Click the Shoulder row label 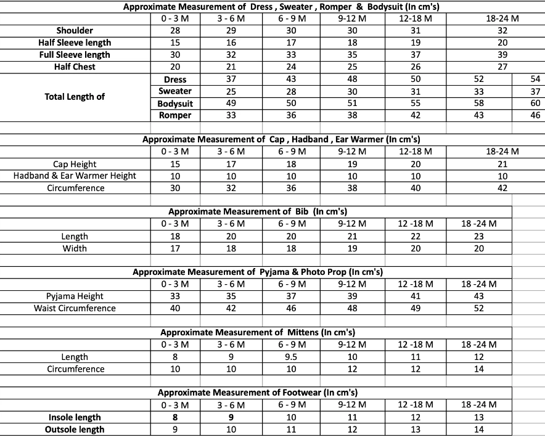pyautogui.click(x=75, y=30)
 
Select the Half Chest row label pyautogui.click(x=75, y=67)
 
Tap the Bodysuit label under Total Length pyautogui.click(x=175, y=104)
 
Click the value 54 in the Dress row pyautogui.click(x=534, y=79)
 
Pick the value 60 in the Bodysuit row pyautogui.click(x=534, y=103)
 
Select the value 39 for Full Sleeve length pyautogui.click(x=502, y=54)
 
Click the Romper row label pyautogui.click(x=175, y=115)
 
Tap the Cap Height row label pyautogui.click(x=75, y=164)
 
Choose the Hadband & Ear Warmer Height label pyautogui.click(x=75, y=176)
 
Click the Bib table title pyautogui.click(x=258, y=211)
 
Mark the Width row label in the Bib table pyautogui.click(x=75, y=248)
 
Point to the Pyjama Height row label pyautogui.click(x=75, y=296)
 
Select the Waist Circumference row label pyautogui.click(x=75, y=308)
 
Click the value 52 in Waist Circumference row pyautogui.click(x=478, y=308)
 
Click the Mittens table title pyautogui.click(x=258, y=332)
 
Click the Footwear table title pyautogui.click(x=258, y=392)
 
